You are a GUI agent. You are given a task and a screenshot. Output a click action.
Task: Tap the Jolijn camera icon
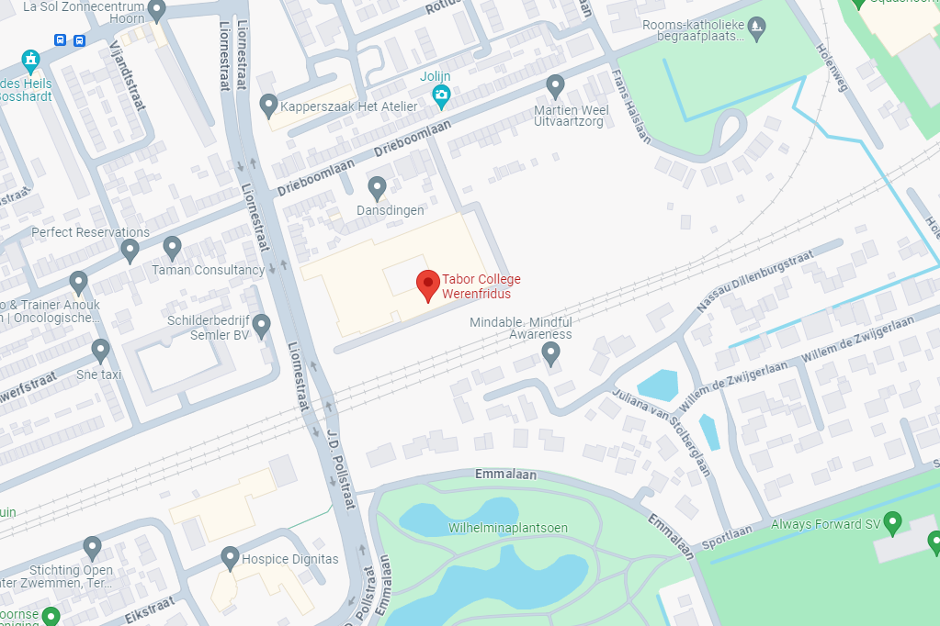tap(441, 94)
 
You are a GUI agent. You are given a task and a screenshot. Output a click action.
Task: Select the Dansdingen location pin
tap(377, 188)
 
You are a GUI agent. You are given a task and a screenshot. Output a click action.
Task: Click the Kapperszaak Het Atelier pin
tap(269, 105)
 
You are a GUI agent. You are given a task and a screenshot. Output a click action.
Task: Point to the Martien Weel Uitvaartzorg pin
tap(555, 86)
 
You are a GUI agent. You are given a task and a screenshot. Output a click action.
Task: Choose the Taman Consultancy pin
tap(172, 247)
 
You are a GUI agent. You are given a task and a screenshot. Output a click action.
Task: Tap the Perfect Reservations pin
tap(130, 250)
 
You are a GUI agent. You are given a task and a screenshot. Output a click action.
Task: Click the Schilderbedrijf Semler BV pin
tap(261, 325)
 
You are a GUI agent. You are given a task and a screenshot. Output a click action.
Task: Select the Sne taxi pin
tap(101, 350)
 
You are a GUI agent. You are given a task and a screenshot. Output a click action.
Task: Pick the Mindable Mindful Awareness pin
tap(550, 352)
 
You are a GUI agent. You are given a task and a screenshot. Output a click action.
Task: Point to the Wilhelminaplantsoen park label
tap(508, 528)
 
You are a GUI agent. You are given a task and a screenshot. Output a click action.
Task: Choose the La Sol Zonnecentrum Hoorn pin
tap(156, 10)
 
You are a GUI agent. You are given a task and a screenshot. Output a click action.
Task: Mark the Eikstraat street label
tap(150, 610)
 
